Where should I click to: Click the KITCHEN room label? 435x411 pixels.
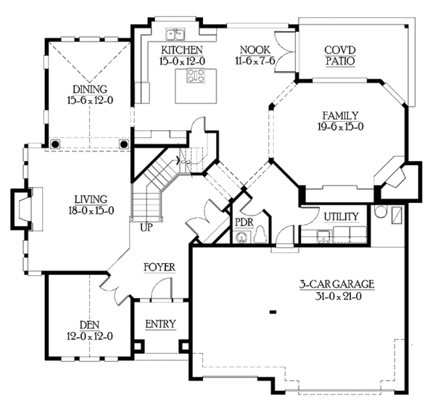[182, 50]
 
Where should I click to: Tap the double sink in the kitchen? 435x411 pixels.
[175, 34]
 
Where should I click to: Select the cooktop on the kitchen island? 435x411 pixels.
[196, 75]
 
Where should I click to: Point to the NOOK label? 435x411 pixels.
[255, 50]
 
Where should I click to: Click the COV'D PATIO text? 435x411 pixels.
[340, 56]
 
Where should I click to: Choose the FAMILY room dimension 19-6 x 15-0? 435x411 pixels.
[341, 127]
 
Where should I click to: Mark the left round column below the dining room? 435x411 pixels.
[56, 144]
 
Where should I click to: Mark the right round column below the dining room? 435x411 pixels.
[124, 144]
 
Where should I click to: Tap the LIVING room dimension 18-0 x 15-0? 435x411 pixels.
[91, 211]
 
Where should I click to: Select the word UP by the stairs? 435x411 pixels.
[146, 228]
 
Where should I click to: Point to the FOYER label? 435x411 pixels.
[159, 267]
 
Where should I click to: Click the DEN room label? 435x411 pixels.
[90, 325]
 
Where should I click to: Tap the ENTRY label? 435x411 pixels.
[161, 324]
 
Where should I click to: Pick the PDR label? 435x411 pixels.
[244, 222]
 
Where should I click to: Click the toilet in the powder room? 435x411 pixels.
[260, 235]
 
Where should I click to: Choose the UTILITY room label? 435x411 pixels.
[341, 217]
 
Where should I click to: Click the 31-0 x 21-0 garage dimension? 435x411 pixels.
[338, 296]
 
